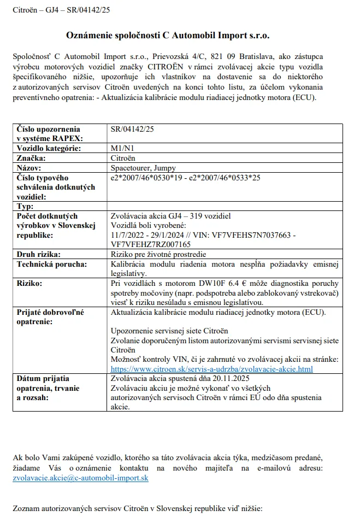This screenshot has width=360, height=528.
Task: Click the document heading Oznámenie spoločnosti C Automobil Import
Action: pyautogui.click(x=168, y=35)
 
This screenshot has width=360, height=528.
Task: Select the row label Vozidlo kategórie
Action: pyautogui.click(x=49, y=148)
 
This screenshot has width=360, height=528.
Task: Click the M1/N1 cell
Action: pyautogui.click(x=121, y=148)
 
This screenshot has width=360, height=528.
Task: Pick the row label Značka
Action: pyautogui.click(x=31, y=158)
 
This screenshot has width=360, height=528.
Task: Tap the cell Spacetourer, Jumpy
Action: pyautogui.click(x=143, y=168)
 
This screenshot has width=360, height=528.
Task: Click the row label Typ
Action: pyautogui.click(x=26, y=206)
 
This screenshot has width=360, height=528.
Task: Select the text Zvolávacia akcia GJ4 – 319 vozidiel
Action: pyautogui.click(x=170, y=216)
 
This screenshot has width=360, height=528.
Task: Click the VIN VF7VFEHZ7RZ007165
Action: pyautogui.click(x=151, y=244)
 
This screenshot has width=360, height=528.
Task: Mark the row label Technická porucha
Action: pyautogui.click(x=52, y=264)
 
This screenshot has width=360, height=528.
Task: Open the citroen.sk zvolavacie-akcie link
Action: pyautogui.click(x=211, y=369)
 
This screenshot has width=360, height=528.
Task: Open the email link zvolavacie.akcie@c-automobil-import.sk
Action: pyautogui.click(x=80, y=478)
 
